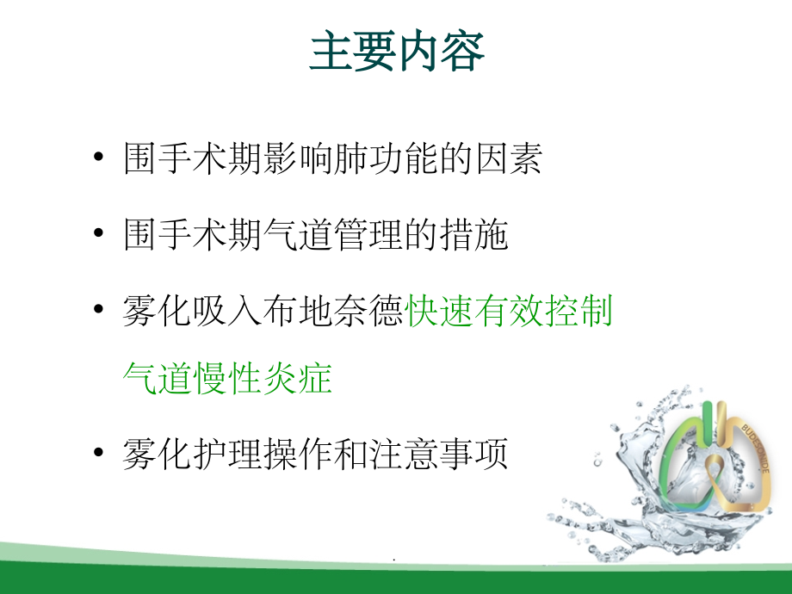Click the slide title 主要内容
[x=397, y=53]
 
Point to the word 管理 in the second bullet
[x=366, y=235]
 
